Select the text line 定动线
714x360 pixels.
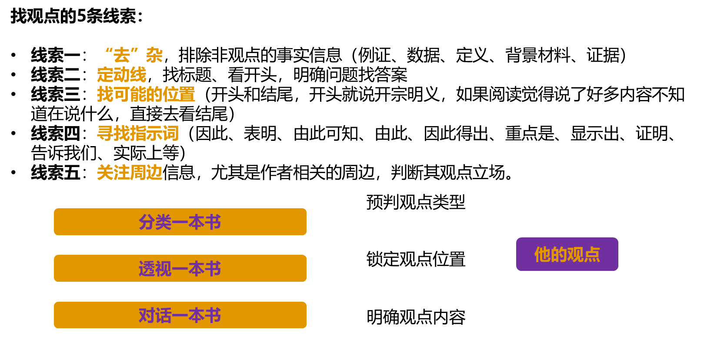click(122, 75)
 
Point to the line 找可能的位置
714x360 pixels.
click(146, 94)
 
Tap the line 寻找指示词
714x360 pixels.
click(138, 133)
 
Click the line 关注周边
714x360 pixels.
click(130, 173)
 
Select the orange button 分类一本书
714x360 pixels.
click(180, 222)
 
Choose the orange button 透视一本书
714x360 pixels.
click(180, 268)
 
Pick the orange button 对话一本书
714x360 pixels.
click(180, 315)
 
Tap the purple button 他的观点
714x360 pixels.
click(567, 254)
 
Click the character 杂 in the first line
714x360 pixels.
click(154, 55)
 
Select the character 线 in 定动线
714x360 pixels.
click(138, 75)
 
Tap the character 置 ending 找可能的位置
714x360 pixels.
click(187, 94)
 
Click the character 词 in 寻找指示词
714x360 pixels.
click(171, 133)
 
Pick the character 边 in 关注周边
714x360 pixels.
click(154, 173)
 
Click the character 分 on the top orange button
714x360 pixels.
click(147, 222)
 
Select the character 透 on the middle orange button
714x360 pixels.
click(147, 269)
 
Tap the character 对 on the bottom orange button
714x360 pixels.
click(147, 315)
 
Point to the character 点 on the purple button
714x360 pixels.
click(592, 254)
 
